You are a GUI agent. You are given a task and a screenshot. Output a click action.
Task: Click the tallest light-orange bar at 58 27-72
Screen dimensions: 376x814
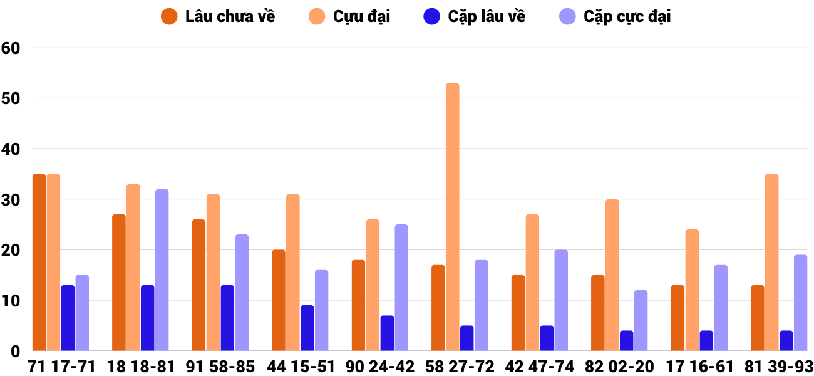point(452,217)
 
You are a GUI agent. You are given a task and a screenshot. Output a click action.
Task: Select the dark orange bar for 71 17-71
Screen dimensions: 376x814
point(39,262)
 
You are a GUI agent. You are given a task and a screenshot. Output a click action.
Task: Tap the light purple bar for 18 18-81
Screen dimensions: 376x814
point(162,269)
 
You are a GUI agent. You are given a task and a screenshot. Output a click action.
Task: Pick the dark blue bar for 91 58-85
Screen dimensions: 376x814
point(227,318)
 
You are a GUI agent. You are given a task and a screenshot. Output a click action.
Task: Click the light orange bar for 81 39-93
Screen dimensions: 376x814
point(771,262)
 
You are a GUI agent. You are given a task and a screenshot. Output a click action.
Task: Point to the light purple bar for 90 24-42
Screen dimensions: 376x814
point(401,287)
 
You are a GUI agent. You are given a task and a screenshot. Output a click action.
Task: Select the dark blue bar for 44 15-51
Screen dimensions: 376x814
point(307,328)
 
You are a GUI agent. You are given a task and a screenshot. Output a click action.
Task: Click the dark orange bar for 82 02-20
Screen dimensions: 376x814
point(598,313)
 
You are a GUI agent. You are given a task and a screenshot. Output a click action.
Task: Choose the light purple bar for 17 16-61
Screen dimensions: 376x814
point(721,308)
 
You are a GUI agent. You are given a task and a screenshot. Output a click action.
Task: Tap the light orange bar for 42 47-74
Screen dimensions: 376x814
point(532,282)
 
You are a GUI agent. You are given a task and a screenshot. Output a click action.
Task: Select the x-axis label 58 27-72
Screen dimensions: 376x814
point(459,366)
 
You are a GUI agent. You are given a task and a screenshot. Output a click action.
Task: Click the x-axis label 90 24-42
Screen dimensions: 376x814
point(379,366)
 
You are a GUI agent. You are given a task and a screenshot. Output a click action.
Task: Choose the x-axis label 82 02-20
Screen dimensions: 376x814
point(619,366)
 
